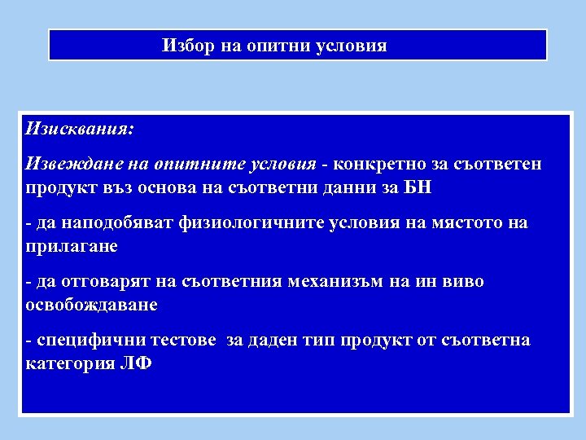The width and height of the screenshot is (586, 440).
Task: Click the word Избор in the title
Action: [186, 46]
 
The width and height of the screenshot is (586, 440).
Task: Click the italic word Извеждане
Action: [67, 164]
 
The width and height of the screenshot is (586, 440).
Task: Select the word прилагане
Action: [72, 245]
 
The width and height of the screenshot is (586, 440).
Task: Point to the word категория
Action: [70, 363]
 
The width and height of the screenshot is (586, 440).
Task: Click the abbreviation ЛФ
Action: [135, 363]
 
